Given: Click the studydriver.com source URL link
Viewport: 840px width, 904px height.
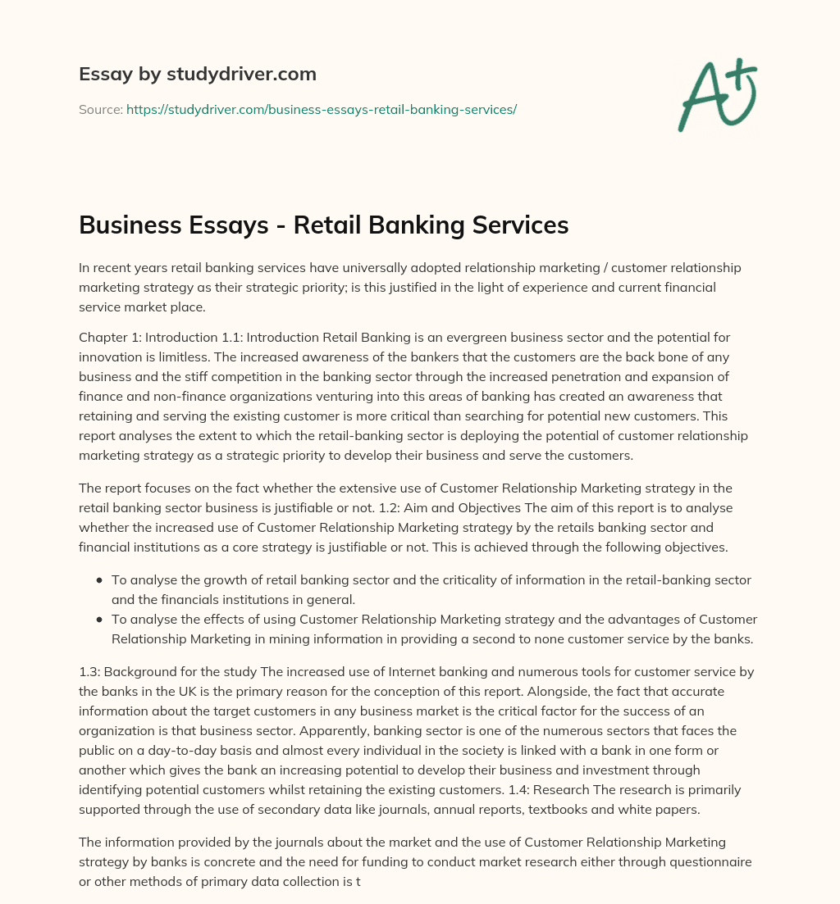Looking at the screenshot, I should click(321, 109).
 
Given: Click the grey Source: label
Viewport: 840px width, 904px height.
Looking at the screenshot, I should click(100, 109).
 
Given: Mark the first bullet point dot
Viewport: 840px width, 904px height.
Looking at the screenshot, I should click(99, 580).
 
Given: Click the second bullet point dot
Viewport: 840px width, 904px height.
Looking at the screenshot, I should click(99, 620).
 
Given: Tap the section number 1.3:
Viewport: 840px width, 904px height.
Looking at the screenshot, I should click(92, 671).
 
